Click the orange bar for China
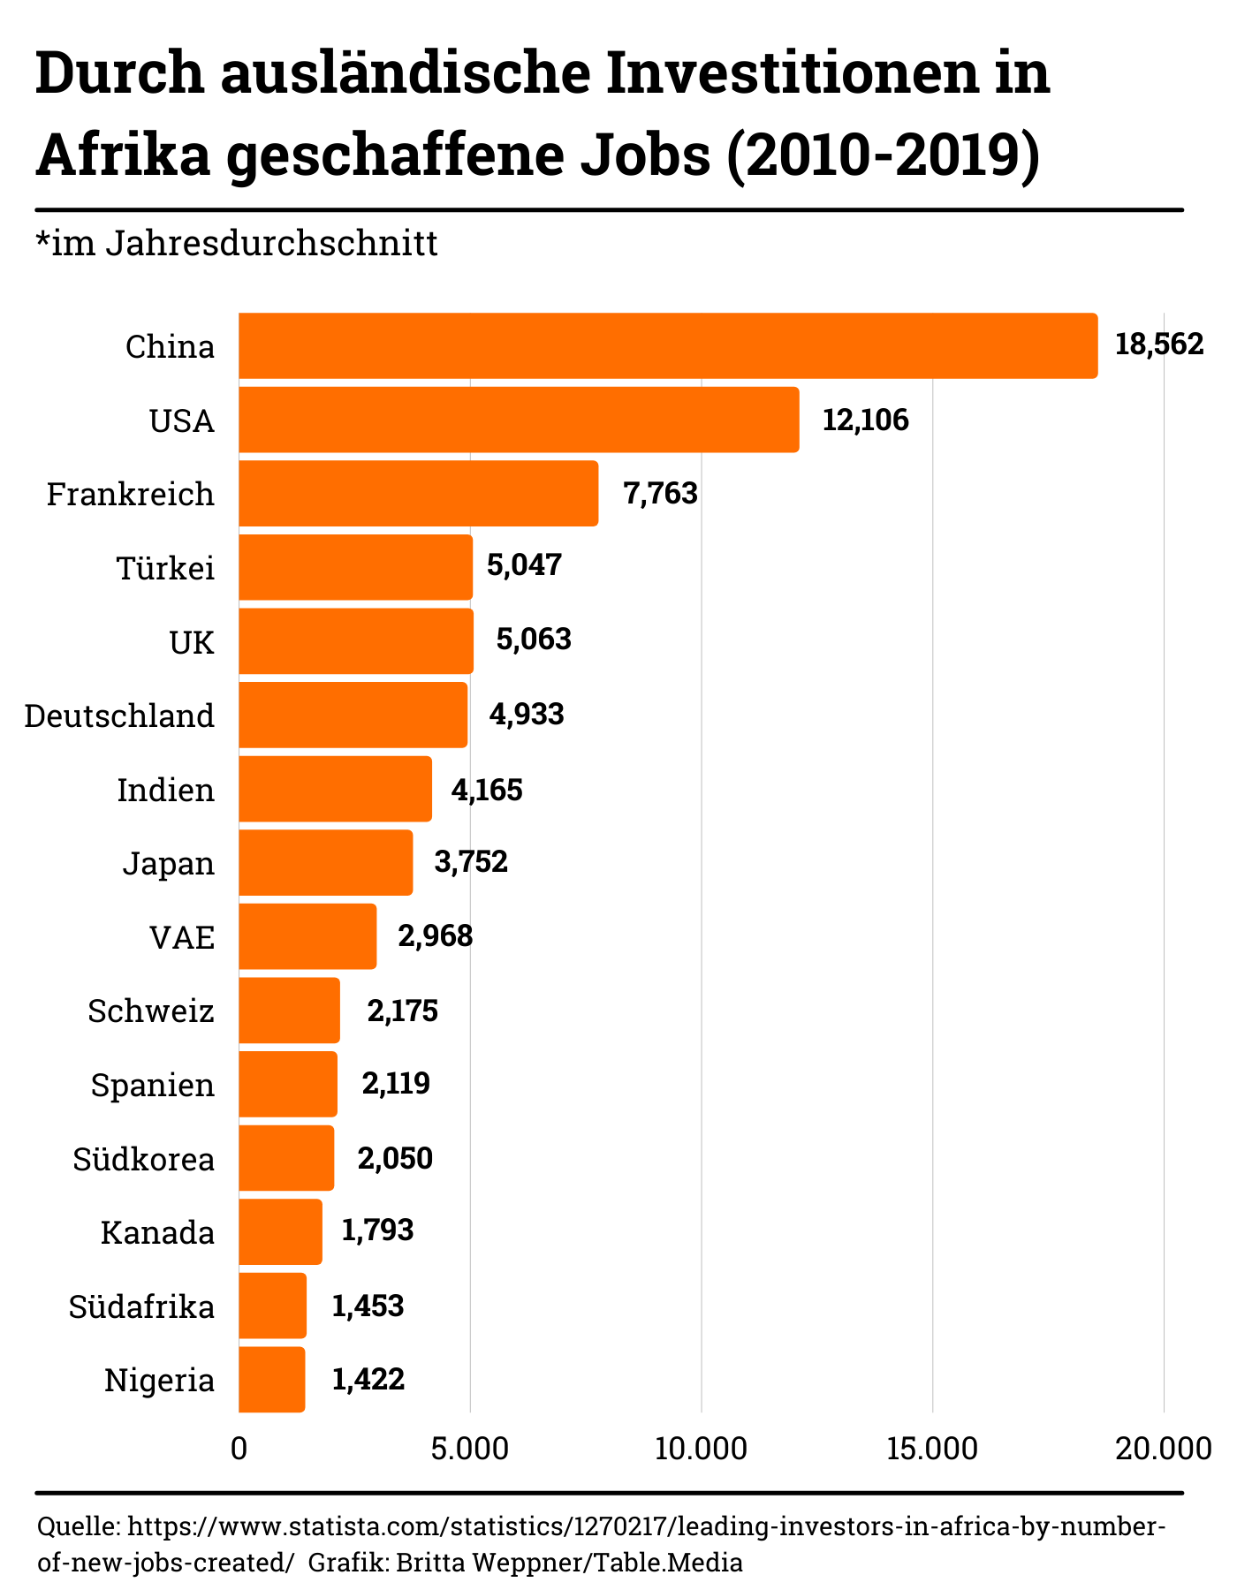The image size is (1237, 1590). [668, 345]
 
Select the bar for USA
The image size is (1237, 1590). [519, 420]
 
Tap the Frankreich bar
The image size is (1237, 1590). [418, 493]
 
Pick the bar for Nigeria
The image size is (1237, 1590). [272, 1379]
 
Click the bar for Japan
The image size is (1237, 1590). [325, 862]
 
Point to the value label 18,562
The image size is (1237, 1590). [1159, 344]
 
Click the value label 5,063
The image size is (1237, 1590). [534, 640]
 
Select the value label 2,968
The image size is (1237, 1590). [435, 935]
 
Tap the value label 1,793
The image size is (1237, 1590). [377, 1230]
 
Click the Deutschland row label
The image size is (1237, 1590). [119, 715]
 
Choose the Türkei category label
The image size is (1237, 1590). [166, 568]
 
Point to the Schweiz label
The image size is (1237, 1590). [151, 1011]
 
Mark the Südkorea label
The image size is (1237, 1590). [144, 1159]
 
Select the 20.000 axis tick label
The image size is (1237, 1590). [1163, 1450]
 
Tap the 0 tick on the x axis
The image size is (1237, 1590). [239, 1450]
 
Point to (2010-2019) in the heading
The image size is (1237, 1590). [883, 154]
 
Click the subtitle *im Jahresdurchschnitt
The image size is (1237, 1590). [237, 243]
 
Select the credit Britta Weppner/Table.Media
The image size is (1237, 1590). [569, 1563]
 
